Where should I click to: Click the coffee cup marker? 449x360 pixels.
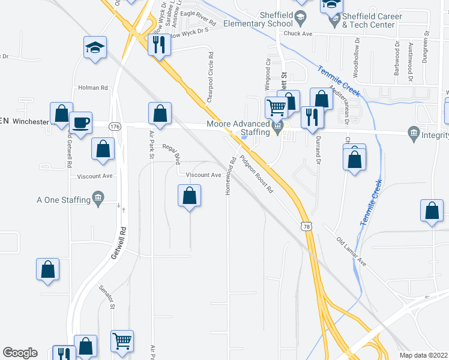click(x=81, y=123)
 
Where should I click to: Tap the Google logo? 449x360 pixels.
click(x=20, y=353)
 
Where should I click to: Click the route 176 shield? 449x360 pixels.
click(x=115, y=127)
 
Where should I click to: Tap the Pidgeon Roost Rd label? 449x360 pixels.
click(x=257, y=175)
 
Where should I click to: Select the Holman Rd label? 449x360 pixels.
click(x=92, y=88)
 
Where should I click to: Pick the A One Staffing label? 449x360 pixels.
click(x=62, y=200)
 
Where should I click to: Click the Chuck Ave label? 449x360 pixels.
click(x=298, y=34)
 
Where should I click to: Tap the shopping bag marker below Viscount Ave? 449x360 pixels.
click(x=190, y=196)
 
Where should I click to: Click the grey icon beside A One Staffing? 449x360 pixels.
click(x=98, y=199)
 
